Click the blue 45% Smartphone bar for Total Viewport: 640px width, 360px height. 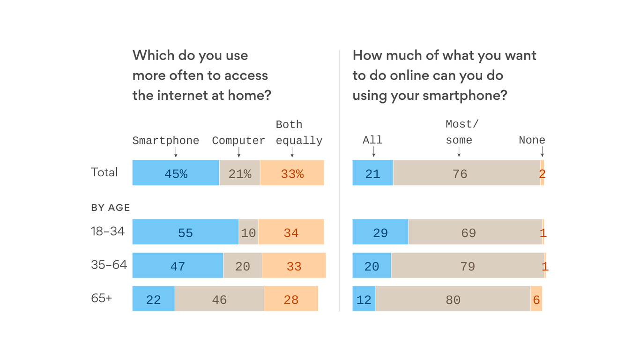[x=176, y=173]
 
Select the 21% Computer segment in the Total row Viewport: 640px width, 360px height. [x=240, y=173]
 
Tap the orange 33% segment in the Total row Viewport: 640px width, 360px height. [x=292, y=173]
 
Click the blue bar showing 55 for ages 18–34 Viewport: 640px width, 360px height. [x=186, y=232]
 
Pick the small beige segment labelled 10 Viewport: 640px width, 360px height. [x=248, y=232]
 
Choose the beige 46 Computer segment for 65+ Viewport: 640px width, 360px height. [x=219, y=299]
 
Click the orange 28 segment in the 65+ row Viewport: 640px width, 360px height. [x=291, y=299]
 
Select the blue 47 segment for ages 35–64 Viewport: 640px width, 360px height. [x=178, y=266]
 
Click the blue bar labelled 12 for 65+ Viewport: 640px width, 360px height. [x=364, y=299]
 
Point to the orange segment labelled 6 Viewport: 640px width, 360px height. [x=536, y=299]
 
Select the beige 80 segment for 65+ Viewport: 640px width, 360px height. [x=453, y=299]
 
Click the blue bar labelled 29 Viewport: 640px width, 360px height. [x=380, y=232]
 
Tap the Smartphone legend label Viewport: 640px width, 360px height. [x=165, y=141]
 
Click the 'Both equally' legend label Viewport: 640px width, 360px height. [x=299, y=133]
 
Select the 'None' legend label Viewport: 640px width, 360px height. [x=532, y=140]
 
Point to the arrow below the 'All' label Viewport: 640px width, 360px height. [x=373, y=151]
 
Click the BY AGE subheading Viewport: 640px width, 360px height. [x=111, y=208]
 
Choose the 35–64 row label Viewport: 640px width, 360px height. [x=109, y=265]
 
